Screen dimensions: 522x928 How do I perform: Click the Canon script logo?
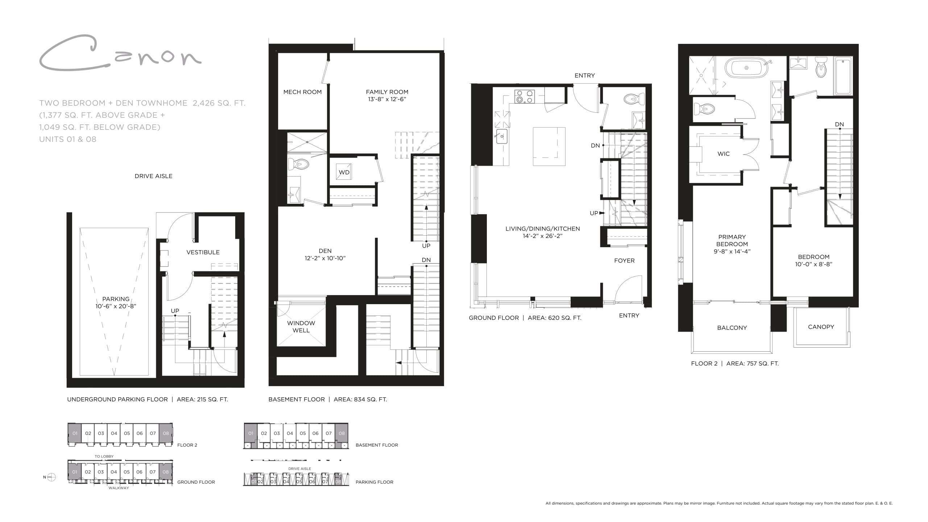tap(120, 54)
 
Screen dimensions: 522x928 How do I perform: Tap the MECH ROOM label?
tap(302, 92)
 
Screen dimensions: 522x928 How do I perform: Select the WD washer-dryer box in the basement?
tap(344, 173)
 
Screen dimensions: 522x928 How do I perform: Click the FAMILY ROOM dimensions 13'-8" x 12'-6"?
tap(387, 99)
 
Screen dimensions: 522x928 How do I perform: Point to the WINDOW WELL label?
tap(301, 327)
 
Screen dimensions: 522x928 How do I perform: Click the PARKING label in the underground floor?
tap(116, 299)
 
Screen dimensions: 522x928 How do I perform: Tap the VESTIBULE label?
tap(203, 252)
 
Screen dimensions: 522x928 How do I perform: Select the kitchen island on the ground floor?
tap(549, 146)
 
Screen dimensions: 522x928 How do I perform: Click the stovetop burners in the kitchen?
tap(524, 96)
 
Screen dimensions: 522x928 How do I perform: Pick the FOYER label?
tap(624, 261)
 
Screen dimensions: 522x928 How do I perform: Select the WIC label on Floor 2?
tap(724, 154)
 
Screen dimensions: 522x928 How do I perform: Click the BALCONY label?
tap(732, 328)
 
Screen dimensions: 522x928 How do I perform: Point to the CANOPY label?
tap(821, 327)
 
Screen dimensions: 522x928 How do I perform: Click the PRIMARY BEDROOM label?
tap(732, 240)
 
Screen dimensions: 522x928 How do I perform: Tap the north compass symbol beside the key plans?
tap(51, 477)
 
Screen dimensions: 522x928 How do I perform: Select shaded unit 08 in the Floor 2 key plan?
tap(166, 433)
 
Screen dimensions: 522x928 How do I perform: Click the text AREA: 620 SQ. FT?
tap(554, 318)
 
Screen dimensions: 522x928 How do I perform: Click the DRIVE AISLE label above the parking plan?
tap(153, 176)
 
